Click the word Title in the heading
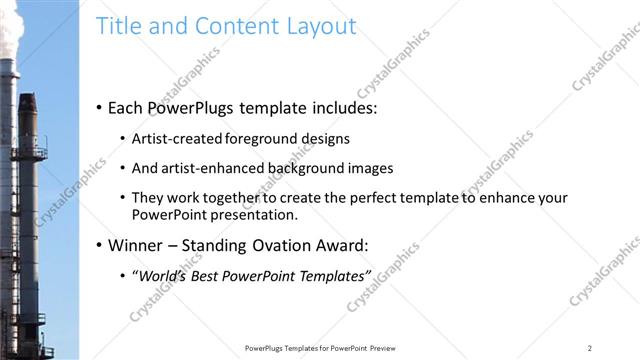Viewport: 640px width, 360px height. tap(117, 26)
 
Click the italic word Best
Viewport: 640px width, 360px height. tap(210, 275)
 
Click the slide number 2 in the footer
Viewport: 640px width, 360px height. tap(590, 347)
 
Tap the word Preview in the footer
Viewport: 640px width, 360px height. tap(381, 347)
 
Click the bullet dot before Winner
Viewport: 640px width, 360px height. tap(99, 245)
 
